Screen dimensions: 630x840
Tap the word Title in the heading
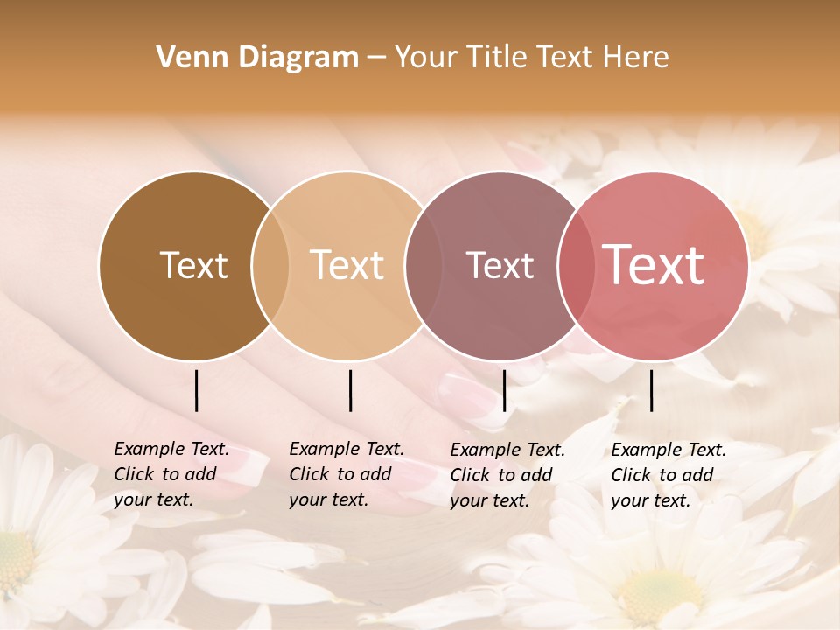(502, 58)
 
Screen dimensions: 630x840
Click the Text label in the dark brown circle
(193, 265)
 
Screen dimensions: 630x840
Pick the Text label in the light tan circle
(346, 265)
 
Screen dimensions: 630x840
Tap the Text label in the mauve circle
(500, 265)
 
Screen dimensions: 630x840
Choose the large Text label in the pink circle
(653, 265)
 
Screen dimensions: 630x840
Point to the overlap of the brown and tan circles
(270, 265)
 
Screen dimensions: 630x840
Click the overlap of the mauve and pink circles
(577, 265)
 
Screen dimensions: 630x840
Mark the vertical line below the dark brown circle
(197, 390)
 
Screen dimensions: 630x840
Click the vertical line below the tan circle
(350, 390)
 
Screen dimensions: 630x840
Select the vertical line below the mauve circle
(504, 390)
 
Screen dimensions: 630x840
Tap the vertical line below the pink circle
(652, 390)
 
